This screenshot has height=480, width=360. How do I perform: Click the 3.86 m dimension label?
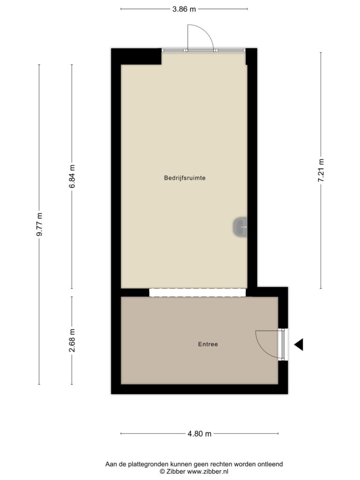[184, 9]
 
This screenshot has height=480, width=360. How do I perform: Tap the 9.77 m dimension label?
[39, 225]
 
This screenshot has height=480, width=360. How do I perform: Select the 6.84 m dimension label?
[72, 176]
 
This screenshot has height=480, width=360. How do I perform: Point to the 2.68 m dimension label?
[72, 340]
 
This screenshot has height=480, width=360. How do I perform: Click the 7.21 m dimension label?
[321, 171]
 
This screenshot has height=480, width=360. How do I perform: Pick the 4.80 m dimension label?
[199, 434]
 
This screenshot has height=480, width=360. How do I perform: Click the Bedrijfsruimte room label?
[185, 178]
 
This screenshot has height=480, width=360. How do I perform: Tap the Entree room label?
[208, 344]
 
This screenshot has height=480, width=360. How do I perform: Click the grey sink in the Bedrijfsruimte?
[240, 227]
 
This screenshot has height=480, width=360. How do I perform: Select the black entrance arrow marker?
[299, 345]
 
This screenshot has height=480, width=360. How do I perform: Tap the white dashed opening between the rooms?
[197, 292]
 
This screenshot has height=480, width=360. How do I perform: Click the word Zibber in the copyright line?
[176, 472]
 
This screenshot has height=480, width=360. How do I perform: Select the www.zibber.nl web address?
[208, 472]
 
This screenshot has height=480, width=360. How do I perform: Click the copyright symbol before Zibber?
[162, 472]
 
